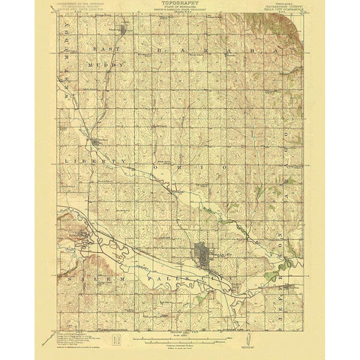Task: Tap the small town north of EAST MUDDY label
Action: coord(124,31)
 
